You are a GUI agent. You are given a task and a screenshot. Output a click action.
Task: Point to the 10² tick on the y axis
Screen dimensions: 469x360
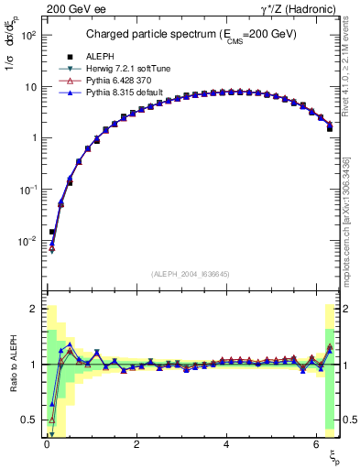tap(30, 35)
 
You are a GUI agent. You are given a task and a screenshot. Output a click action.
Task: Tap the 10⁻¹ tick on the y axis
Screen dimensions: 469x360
tap(30, 190)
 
